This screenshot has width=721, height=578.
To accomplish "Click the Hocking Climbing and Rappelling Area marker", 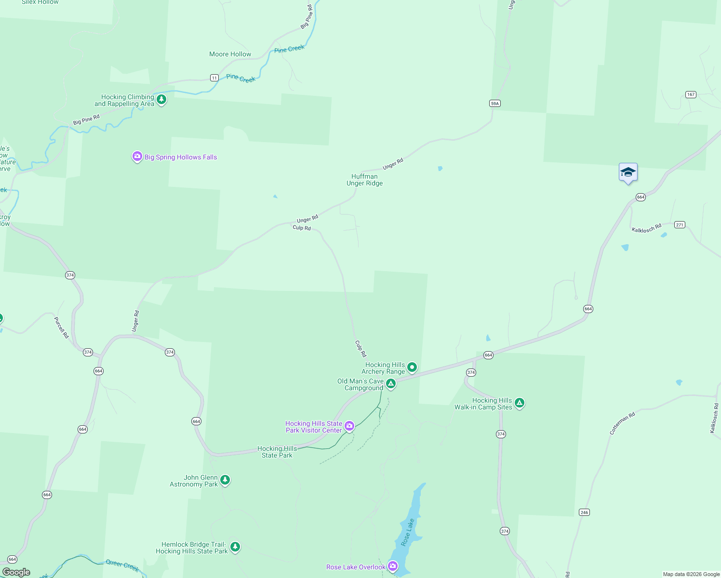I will click(161, 100).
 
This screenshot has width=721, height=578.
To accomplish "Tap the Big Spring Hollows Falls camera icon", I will click(137, 157).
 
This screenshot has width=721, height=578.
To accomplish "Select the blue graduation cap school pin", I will click(628, 172).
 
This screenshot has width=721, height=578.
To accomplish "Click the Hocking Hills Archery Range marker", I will click(412, 368).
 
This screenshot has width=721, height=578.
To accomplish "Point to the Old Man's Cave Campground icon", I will click(391, 384).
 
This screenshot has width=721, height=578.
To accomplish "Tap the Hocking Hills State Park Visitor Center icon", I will click(349, 426).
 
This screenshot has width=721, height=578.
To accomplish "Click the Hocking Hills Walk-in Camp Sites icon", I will click(520, 403).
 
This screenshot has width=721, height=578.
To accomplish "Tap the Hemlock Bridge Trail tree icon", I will click(235, 547).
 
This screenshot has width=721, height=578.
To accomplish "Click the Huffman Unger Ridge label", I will click(364, 180).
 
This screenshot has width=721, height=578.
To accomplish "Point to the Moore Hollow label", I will click(230, 54).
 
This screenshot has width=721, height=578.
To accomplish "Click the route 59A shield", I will click(494, 104).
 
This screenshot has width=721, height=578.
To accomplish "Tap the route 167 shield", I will click(691, 94).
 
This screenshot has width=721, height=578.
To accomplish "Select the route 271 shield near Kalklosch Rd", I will click(680, 225).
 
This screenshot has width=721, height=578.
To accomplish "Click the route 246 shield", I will click(584, 512).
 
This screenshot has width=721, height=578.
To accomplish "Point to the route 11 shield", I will click(214, 78).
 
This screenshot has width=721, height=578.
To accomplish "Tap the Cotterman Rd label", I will click(622, 423).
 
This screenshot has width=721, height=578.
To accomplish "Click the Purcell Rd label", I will click(61, 327).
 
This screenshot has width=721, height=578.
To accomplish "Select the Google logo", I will click(16, 572).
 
